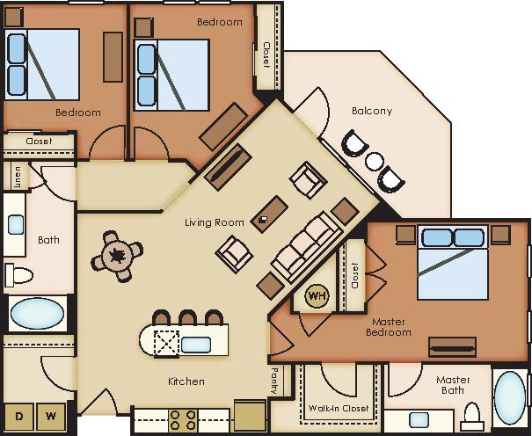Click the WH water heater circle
click(x=317, y=296)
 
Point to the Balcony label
click(x=371, y=111)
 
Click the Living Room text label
click(x=214, y=222)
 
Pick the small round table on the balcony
click(x=375, y=161)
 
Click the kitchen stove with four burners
click(x=182, y=419)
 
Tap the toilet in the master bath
click(x=472, y=414)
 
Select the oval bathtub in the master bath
click(x=511, y=398)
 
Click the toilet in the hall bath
click(x=18, y=277)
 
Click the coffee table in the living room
click(x=269, y=214)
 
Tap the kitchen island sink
click(x=195, y=344)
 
